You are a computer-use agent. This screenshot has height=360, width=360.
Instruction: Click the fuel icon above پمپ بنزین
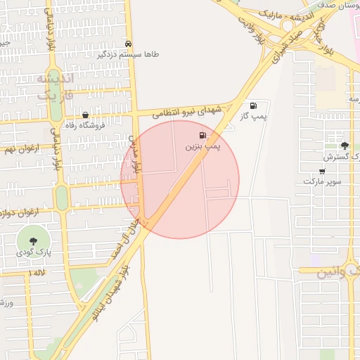pos(203,135)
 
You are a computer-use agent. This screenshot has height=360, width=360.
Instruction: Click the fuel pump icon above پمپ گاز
pos(253,105)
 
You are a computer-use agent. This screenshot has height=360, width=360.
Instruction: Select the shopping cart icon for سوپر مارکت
pos(322,170)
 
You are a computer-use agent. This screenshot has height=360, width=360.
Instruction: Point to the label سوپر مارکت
pos(322,181)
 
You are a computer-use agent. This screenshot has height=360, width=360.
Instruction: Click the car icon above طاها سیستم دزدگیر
pos(127,43)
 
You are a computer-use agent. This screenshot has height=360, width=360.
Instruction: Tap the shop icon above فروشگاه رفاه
pos(85,115)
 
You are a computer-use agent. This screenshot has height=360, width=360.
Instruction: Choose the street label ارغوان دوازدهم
pos(15,210)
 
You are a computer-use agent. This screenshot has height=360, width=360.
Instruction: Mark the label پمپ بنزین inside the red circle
pos(203,146)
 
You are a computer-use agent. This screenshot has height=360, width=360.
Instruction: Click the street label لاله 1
pos(36,272)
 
